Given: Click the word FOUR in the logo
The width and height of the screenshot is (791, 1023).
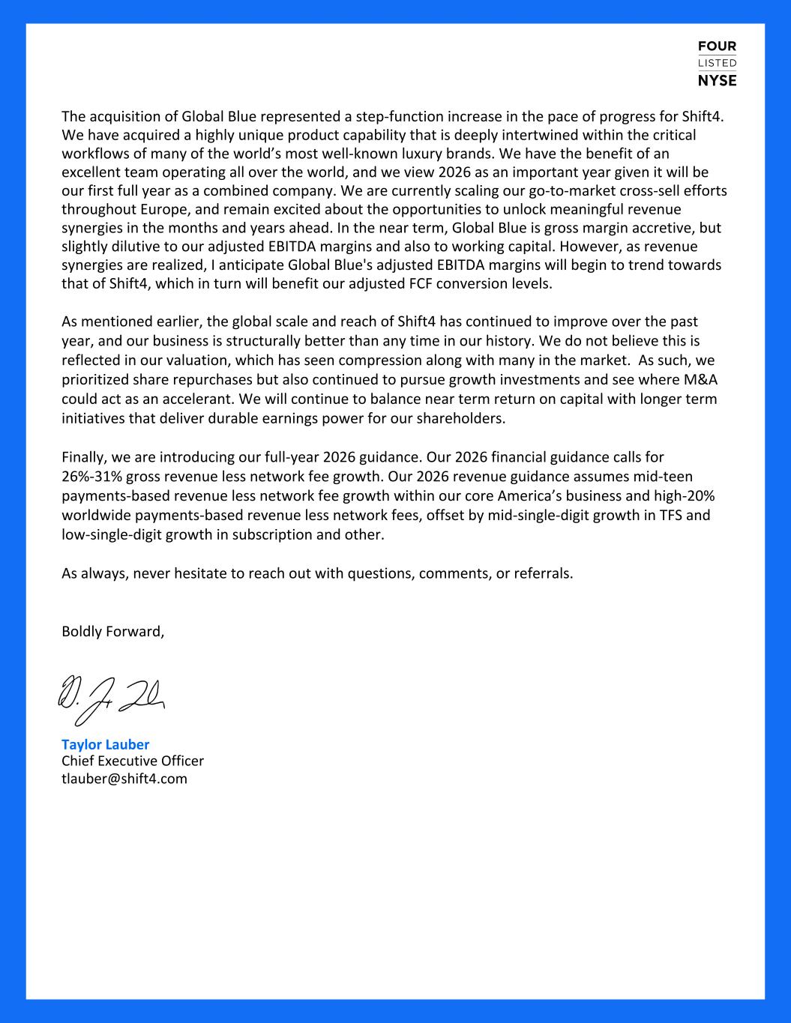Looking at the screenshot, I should click(x=717, y=46).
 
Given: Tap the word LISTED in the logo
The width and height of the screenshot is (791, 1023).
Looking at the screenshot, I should click(x=717, y=63).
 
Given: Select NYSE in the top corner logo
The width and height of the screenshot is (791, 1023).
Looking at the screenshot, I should click(x=717, y=80).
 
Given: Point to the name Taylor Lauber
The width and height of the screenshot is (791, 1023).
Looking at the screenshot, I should click(x=105, y=744).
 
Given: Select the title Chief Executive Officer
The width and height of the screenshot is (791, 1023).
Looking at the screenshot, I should click(x=133, y=761).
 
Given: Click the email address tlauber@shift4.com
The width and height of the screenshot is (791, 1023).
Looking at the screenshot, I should click(x=124, y=778).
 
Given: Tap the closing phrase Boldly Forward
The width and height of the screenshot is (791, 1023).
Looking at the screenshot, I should click(x=112, y=631).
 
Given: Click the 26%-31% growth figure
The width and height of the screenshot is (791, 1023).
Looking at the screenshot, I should click(x=92, y=476).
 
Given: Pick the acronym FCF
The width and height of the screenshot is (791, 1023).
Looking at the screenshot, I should click(x=416, y=284).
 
